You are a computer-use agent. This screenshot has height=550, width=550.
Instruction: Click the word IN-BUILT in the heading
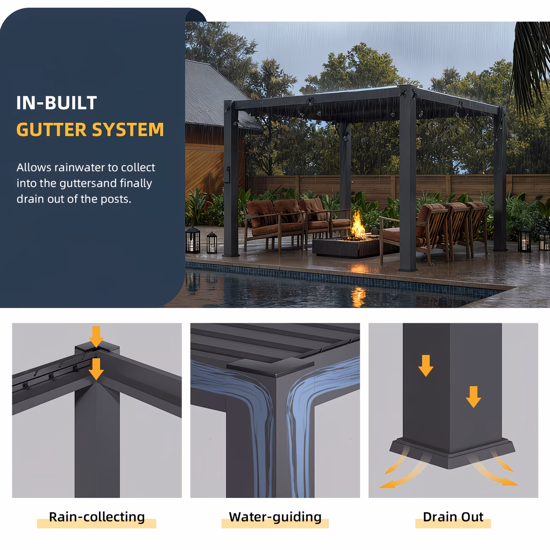click(57, 103)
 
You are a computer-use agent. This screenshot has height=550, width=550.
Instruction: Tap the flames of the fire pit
click(358, 226)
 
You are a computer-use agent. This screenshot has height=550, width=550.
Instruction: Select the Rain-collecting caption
click(96, 517)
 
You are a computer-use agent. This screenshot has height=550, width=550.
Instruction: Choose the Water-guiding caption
click(275, 517)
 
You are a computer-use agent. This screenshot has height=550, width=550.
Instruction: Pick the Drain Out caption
click(453, 517)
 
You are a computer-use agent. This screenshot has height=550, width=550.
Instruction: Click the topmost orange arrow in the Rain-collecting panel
click(96, 336)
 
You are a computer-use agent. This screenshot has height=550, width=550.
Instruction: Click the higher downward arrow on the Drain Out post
click(426, 366)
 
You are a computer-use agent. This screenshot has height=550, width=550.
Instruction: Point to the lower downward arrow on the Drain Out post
click(473, 396)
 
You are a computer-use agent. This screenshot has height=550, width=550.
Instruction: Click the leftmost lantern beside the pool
click(192, 240)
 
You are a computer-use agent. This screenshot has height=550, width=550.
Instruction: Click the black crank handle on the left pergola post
click(228, 175)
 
